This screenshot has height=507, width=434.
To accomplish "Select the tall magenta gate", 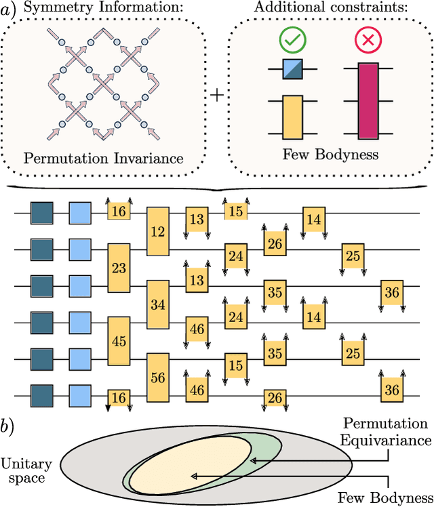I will tap(368, 100).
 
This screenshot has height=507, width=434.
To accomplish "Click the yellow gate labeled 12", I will tap(157, 232).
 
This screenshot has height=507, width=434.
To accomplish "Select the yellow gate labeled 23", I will tap(119, 268).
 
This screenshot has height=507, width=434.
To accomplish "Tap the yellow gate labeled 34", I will tap(157, 304).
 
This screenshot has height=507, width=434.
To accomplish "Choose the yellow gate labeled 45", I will tap(119, 341).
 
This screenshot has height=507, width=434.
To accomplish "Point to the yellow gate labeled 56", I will tap(157, 378).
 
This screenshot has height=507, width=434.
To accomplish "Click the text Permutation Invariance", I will tap(103, 159).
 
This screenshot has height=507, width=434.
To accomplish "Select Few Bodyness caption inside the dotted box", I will tap(331, 154).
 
